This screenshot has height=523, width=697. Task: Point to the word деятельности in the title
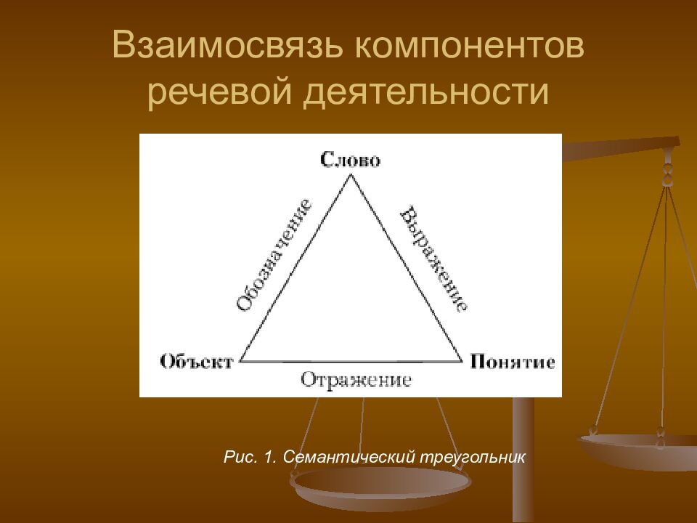[425, 94]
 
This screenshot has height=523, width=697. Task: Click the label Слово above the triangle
[351, 160]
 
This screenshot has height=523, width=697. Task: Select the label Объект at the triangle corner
[196, 361]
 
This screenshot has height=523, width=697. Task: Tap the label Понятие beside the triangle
[513, 361]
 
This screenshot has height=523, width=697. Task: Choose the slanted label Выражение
[433, 258]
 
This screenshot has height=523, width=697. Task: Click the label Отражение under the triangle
[356, 380]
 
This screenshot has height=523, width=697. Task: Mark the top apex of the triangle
[351, 175]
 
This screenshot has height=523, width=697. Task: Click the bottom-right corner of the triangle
[462, 361]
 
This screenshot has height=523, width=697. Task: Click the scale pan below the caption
[380, 485]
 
